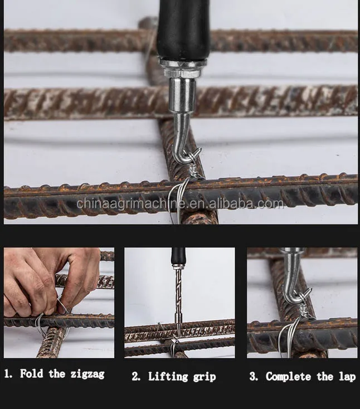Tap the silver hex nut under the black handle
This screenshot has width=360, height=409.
click(x=179, y=70)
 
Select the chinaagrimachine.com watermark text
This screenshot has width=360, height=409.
click(x=180, y=204)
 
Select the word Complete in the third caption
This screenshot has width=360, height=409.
click(x=288, y=377)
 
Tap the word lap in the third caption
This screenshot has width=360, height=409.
click(x=347, y=377)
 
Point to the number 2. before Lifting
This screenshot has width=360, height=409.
click(x=137, y=377)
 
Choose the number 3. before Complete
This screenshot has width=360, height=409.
click(x=254, y=377)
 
